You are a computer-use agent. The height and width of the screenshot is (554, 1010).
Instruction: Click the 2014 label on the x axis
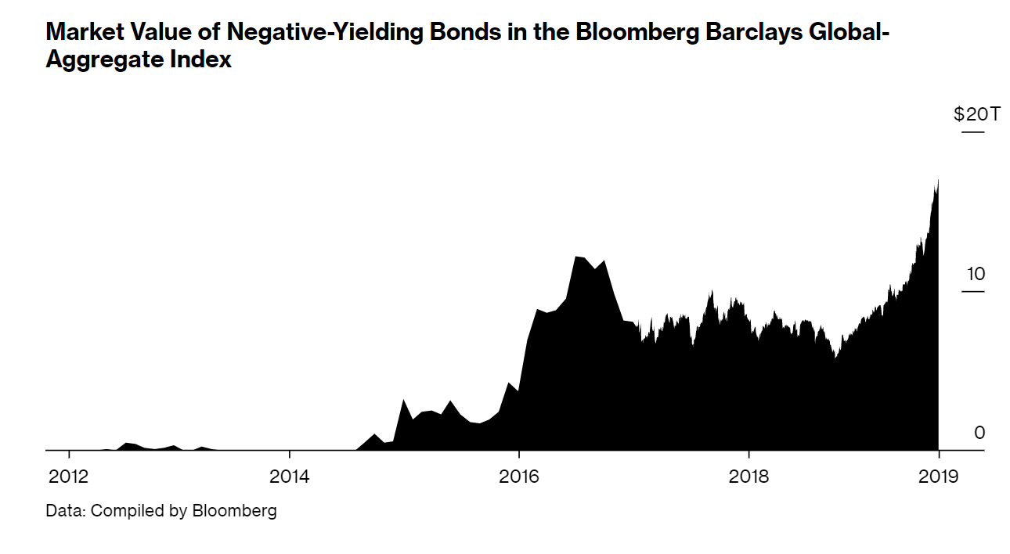(290, 477)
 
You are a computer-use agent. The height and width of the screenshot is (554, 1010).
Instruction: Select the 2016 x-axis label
(518, 477)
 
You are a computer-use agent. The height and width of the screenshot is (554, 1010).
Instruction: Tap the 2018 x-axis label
(748, 477)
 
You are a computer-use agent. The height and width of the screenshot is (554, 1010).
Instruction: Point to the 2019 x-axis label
(938, 477)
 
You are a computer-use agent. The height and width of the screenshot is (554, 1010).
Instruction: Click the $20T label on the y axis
(977, 115)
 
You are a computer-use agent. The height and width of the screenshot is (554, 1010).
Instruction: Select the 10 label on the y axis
(976, 274)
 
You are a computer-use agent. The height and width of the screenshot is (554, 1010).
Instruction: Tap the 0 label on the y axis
(979, 433)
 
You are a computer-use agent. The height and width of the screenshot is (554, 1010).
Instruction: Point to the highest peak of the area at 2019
(937, 182)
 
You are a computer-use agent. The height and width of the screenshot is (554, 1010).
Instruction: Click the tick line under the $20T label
(972, 132)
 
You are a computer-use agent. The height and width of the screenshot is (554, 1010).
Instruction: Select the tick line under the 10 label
(972, 292)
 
